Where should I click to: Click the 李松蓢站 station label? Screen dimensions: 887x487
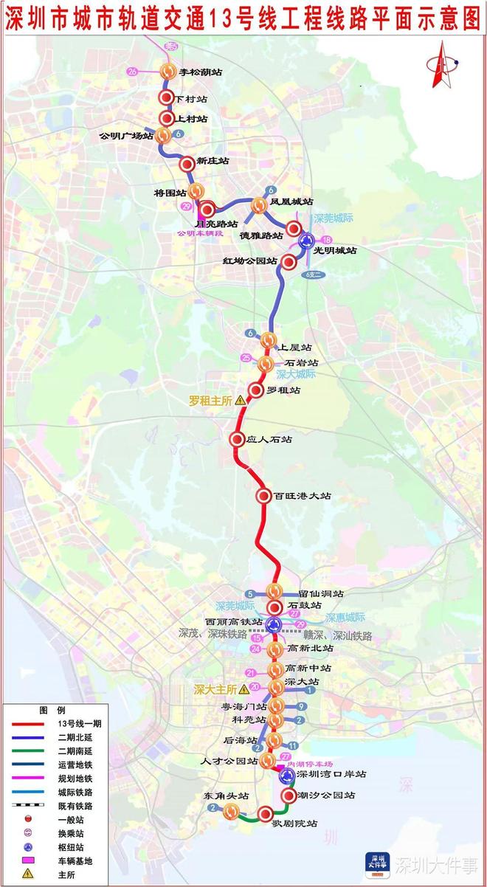(201, 72)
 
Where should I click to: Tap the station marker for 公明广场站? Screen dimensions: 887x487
(163, 135)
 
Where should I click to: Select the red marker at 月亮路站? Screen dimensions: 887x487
(207, 210)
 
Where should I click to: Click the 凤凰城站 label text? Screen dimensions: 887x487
(291, 201)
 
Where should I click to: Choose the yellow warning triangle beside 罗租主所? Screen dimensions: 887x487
(240, 400)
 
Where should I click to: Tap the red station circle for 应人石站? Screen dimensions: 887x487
(238, 440)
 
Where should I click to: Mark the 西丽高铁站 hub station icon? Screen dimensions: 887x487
(274, 624)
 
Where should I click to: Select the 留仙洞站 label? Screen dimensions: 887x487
(321, 593)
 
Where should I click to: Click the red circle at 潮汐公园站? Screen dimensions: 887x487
(289, 795)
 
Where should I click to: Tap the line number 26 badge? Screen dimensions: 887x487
(133, 72)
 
